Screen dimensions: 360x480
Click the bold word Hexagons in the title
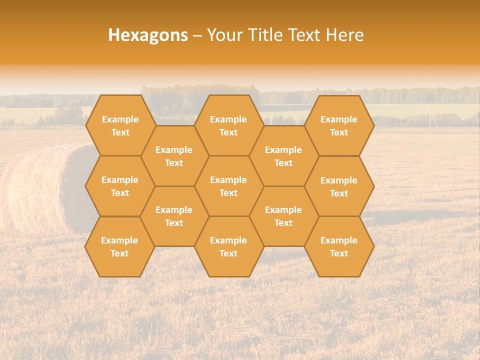(x=148, y=35)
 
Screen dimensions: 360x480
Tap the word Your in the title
(x=224, y=35)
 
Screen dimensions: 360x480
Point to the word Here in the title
(x=344, y=35)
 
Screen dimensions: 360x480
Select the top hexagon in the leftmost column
(x=120, y=125)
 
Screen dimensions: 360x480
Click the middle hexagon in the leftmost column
(x=120, y=186)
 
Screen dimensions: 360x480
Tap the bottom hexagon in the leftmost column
(x=119, y=246)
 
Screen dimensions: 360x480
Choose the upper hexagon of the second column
(x=174, y=156)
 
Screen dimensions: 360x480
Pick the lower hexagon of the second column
(x=174, y=216)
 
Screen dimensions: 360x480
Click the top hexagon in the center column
(x=228, y=125)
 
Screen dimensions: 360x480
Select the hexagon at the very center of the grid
(x=228, y=186)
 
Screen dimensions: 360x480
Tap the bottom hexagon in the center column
(x=228, y=246)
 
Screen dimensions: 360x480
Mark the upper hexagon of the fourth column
(x=283, y=156)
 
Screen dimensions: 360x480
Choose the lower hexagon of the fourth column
(x=283, y=216)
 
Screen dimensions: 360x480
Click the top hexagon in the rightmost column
(x=339, y=125)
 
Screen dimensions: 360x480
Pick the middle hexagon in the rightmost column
(x=339, y=186)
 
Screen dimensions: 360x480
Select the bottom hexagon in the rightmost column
(x=339, y=246)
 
